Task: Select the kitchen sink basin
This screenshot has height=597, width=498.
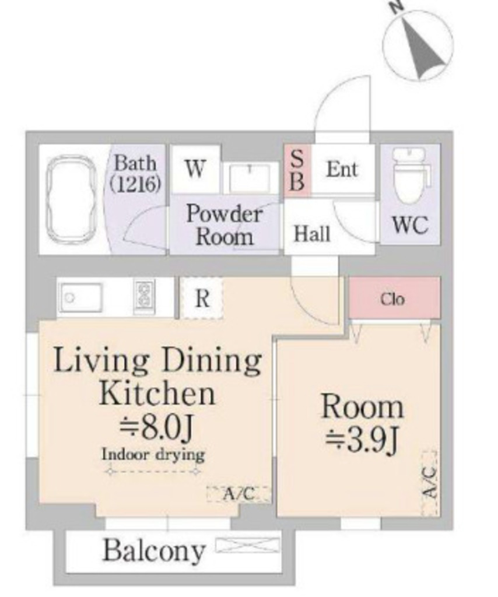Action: (82, 298)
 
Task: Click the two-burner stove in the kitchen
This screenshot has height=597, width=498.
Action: (145, 297)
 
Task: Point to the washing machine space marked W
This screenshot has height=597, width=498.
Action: (196, 169)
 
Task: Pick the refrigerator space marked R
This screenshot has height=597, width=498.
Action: (202, 298)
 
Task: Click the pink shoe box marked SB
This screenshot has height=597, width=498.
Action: (297, 171)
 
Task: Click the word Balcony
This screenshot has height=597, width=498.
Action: (154, 551)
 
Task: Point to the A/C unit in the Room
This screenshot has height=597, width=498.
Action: (429, 483)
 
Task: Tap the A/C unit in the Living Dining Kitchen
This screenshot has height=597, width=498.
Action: (239, 494)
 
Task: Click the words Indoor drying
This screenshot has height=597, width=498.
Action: (153, 454)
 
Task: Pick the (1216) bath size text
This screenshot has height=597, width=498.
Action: (135, 184)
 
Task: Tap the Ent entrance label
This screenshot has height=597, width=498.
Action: (342, 169)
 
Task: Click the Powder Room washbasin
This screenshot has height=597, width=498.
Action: (250, 177)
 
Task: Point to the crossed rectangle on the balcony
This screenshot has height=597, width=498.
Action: (247, 545)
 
